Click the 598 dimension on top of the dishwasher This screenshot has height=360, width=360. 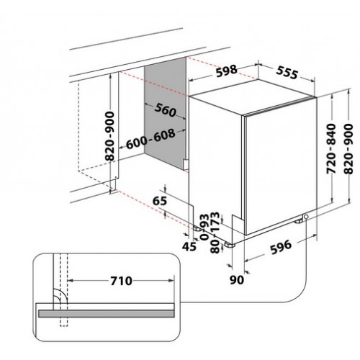227,71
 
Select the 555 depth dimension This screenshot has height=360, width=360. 287,72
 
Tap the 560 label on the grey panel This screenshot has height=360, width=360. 165,110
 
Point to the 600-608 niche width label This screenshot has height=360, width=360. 150,139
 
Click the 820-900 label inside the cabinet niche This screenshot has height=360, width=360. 109,136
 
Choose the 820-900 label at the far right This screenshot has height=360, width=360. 348,149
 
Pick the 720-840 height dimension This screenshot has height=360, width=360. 331,148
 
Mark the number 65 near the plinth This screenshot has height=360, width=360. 160,201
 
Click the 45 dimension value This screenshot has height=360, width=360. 189,246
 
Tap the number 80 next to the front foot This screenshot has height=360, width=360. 215,247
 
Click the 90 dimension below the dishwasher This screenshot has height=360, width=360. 237,280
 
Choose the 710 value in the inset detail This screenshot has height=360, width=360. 121,281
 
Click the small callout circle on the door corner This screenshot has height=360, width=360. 306,217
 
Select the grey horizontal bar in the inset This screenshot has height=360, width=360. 106,314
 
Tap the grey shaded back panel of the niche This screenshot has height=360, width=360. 165,113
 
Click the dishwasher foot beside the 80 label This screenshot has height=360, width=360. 230,245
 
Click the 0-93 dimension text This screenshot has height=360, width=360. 204,227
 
